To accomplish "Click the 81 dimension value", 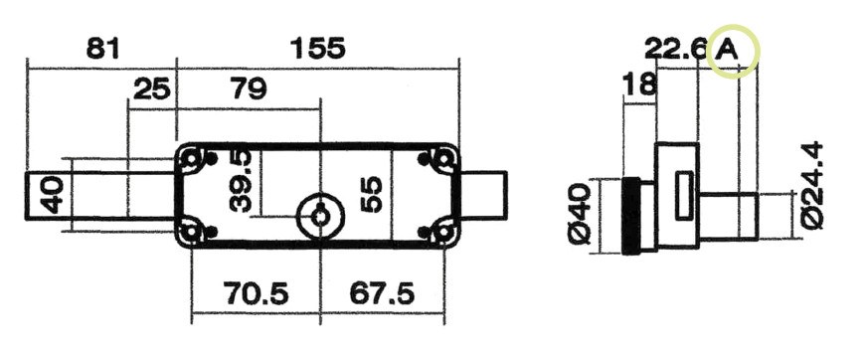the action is [x=102, y=49].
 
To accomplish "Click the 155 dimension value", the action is [x=317, y=49].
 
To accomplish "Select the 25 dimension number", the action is [x=152, y=89].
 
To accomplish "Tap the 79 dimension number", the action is [x=249, y=89].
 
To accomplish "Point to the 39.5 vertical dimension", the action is [x=241, y=181].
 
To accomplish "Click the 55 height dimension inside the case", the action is [x=371, y=194].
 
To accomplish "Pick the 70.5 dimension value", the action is [x=256, y=293].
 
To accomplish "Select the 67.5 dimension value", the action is [x=382, y=293].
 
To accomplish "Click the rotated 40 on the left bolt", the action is [x=53, y=194].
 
